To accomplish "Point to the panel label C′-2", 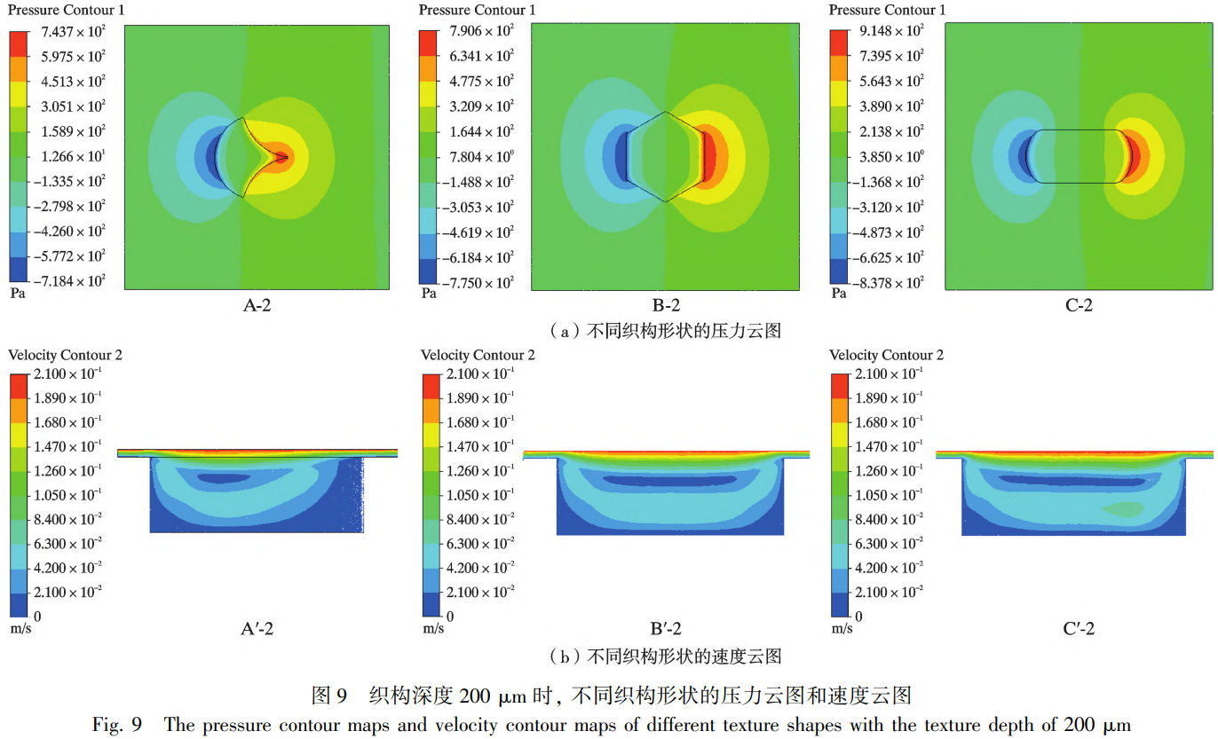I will [1078, 629].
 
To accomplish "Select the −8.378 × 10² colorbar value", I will [888, 283].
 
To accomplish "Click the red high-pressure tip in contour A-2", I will [282, 157].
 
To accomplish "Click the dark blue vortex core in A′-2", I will [224, 477].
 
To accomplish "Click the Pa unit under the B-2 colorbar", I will [428, 293].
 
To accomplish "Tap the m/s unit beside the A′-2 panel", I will [20, 628].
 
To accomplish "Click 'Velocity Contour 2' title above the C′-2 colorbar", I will [886, 355].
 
